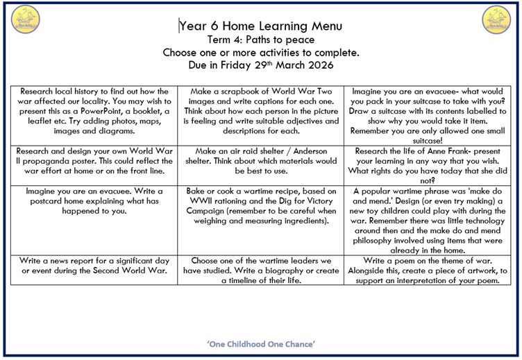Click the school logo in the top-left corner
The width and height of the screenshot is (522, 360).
tap(25, 20)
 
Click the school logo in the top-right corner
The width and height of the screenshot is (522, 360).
tap(496, 20)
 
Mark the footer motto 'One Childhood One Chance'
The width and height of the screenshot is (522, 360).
tap(261, 344)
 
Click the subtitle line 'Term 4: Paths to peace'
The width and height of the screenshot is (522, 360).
tap(260, 40)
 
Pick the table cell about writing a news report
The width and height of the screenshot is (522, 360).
tap(94, 266)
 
